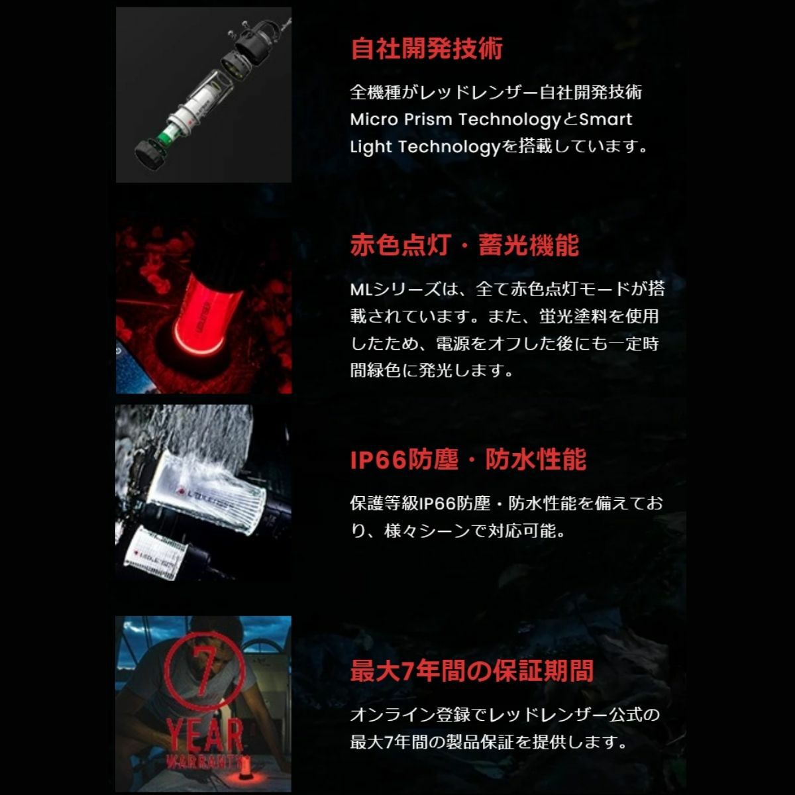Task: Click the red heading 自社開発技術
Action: (427, 48)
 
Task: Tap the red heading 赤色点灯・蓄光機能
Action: (464, 245)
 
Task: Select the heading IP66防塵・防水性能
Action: (468, 459)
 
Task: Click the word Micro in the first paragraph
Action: (374, 120)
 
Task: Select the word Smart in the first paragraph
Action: (606, 120)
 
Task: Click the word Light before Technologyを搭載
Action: (370, 147)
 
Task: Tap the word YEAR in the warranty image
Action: (204, 735)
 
